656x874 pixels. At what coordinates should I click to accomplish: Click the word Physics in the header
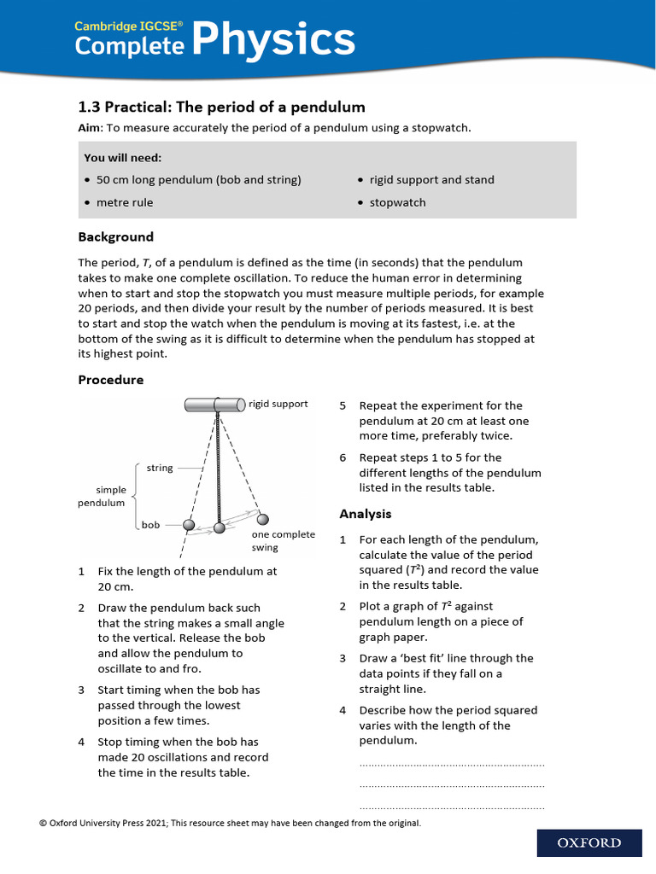pos(272,39)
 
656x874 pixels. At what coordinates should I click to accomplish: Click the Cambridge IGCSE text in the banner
pos(129,26)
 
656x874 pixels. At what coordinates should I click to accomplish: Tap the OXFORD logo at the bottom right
pos(589,842)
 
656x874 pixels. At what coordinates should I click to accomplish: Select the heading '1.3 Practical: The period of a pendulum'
pos(221,107)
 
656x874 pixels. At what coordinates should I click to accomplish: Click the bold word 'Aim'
pos(89,127)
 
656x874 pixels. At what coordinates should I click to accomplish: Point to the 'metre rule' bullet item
pos(125,202)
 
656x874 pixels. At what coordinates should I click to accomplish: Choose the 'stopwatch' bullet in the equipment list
pos(397,202)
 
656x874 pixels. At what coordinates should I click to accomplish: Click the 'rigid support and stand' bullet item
pos(431,179)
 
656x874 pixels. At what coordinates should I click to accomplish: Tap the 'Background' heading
pos(115,236)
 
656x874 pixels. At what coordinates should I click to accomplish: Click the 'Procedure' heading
pos(111,379)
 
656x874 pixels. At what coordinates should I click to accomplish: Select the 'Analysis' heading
pos(365,513)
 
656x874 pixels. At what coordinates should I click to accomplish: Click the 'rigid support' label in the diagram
pos(278,404)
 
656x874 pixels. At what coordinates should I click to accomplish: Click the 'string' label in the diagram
pos(160,468)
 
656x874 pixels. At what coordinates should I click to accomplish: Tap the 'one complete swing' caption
pos(283,540)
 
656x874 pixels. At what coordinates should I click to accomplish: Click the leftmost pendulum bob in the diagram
pos(189,524)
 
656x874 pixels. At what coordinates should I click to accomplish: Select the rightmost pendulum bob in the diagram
pos(262,519)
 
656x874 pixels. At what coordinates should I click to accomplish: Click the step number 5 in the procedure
pos(343,405)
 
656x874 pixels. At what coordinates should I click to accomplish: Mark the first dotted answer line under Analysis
pos(452,764)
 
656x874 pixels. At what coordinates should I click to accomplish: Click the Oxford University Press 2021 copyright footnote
pos(230,823)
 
